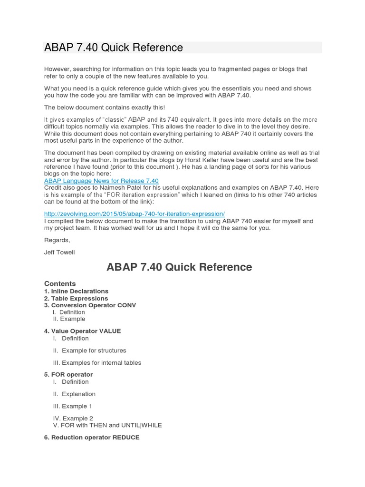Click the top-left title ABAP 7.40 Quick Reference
pyautogui.click(x=114, y=48)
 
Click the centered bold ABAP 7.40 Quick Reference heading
pyautogui.click(x=179, y=267)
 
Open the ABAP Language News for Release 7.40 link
pyautogui.click(x=101, y=181)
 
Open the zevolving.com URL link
pyautogui.click(x=134, y=214)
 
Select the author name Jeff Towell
pyautogui.click(x=59, y=253)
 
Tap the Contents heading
pyautogui.click(x=60, y=284)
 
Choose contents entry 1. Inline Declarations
pyautogui.click(x=76, y=291)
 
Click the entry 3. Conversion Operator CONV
pyautogui.click(x=90, y=305)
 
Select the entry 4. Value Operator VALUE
pyautogui.click(x=82, y=331)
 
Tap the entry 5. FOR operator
pyautogui.click(x=68, y=375)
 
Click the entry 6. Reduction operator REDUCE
pyautogui.click(x=92, y=438)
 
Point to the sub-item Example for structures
pyautogui.click(x=94, y=351)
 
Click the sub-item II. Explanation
pyautogui.click(x=74, y=394)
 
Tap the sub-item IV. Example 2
pyautogui.click(x=73, y=419)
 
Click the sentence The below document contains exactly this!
pyautogui.click(x=105, y=107)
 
